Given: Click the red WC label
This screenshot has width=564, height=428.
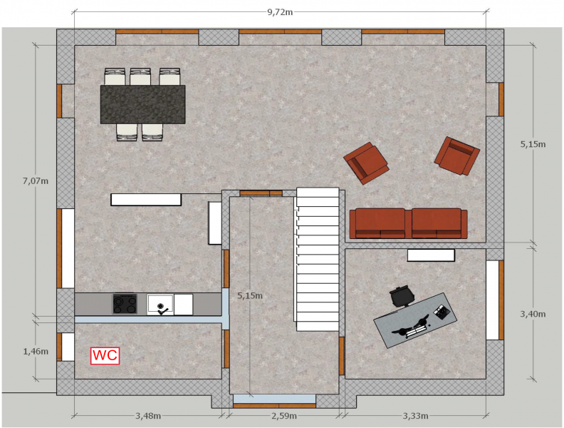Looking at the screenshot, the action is click(105, 355).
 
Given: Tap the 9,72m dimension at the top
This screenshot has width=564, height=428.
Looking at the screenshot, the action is click(280, 12).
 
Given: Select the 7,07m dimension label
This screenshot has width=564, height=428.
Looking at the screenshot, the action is click(36, 181).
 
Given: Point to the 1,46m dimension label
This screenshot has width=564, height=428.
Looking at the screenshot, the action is click(36, 351).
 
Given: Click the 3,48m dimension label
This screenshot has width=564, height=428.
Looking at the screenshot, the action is click(148, 416).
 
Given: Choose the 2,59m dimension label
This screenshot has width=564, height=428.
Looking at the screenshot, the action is click(284, 416).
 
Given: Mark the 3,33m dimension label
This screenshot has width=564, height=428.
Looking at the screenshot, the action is click(415, 416).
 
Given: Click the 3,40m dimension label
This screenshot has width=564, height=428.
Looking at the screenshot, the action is click(533, 314).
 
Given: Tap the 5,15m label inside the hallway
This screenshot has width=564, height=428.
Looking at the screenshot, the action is click(250, 296).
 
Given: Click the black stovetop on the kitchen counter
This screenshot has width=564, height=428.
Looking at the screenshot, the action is click(125, 304).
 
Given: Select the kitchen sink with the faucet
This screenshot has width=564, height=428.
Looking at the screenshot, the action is click(160, 305).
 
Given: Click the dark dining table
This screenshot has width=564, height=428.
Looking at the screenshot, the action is click(143, 104).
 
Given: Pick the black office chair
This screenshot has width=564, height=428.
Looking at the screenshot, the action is click(402, 296).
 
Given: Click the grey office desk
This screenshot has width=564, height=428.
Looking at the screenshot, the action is click(415, 320).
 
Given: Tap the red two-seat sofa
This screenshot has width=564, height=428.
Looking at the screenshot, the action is click(408, 223).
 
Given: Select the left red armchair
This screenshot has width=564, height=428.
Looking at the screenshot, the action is click(366, 163).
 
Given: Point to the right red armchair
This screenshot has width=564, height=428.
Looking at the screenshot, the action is click(456, 156).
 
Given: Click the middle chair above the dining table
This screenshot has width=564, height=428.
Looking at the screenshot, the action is click(140, 76).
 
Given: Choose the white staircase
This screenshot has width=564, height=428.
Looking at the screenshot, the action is click(317, 259).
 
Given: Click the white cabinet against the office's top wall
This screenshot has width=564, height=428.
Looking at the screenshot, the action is click(431, 255).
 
